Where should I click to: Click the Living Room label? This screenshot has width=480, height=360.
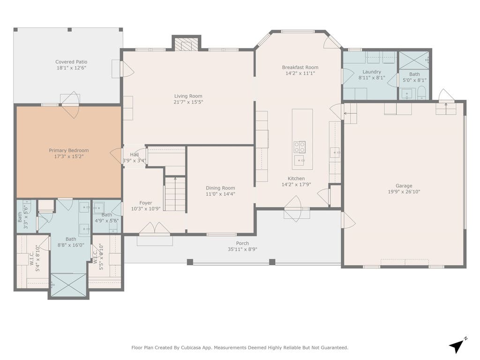coord(188,96)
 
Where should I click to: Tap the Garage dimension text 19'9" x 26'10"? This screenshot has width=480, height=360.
coord(404,192)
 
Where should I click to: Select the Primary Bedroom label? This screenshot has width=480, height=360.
coord(69,150)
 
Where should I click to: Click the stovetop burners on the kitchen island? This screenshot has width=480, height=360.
coord(300,147)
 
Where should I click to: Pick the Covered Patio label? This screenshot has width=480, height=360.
coord(71,62)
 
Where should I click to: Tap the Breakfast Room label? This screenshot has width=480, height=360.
coord(300,67)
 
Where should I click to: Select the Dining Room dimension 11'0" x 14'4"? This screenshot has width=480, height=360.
coord(220,194)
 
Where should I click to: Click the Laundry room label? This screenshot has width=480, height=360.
coord(372,72)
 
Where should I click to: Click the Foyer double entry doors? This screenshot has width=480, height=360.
coord(155,228)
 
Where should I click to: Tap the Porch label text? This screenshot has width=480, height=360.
coord(242,243)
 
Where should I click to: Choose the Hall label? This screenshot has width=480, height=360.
coord(134,155)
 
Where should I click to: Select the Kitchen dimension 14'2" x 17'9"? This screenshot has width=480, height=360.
coord(296,185)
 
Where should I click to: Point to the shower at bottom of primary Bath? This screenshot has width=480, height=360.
coord(68,285)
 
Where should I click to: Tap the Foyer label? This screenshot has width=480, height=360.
coord(146,203)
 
